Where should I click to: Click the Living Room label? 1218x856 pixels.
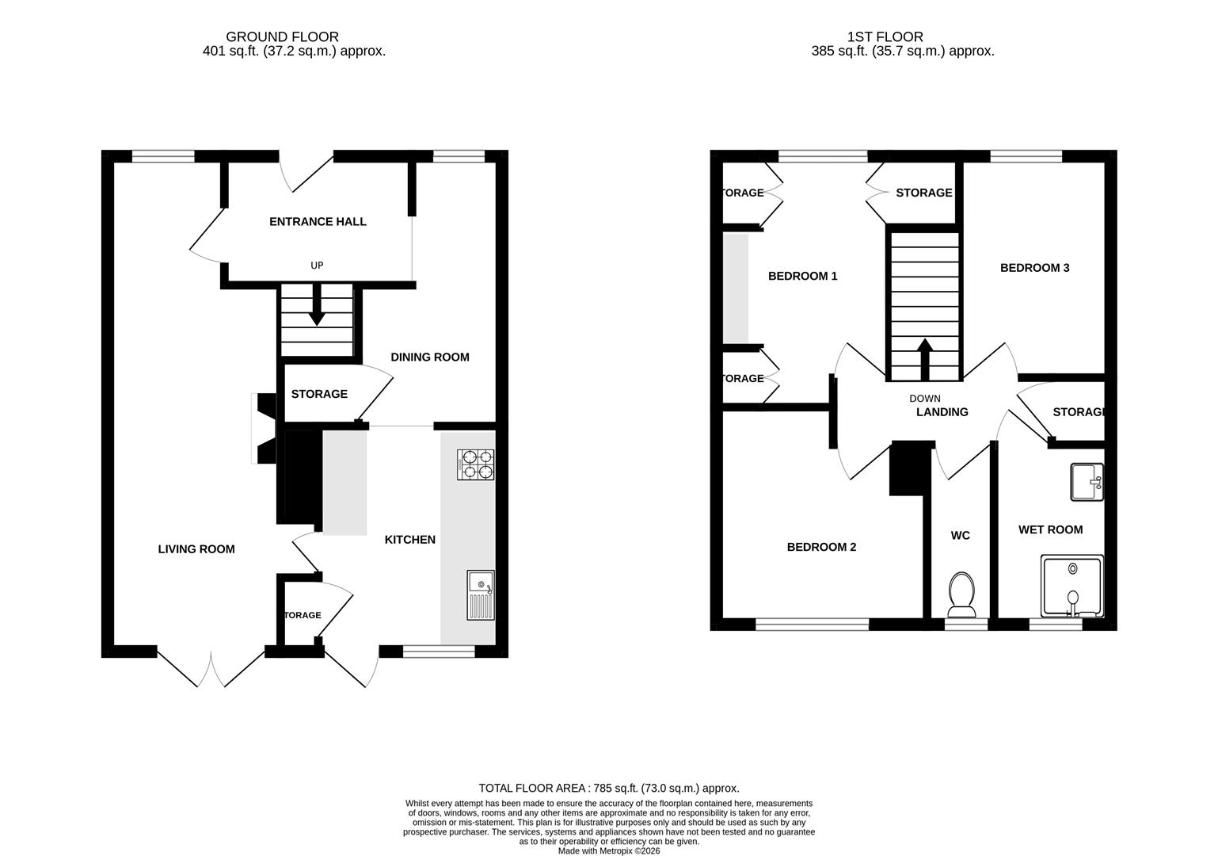tap(196, 548)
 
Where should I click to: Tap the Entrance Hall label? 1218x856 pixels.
tap(318, 221)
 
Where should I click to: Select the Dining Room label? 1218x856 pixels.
tap(429, 357)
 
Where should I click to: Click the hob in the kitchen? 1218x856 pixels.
tap(475, 464)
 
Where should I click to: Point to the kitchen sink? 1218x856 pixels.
tap(480, 594)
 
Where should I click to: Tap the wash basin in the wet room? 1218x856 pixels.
tap(1086, 482)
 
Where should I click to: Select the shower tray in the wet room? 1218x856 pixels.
tap(1071, 587)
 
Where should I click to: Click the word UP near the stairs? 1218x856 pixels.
tap(317, 266)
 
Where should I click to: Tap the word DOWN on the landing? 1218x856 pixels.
tap(924, 399)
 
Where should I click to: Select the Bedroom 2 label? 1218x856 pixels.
tap(821, 547)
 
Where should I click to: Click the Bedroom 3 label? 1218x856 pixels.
tap(1034, 268)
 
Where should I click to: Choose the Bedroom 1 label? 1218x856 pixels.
tap(802, 276)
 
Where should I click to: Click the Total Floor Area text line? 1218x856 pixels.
tap(608, 788)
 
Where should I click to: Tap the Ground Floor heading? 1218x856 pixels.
tap(282, 36)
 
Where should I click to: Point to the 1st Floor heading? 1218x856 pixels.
tap(885, 36)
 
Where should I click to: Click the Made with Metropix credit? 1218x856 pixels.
tap(608, 850)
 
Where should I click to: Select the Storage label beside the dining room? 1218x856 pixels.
tap(319, 394)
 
